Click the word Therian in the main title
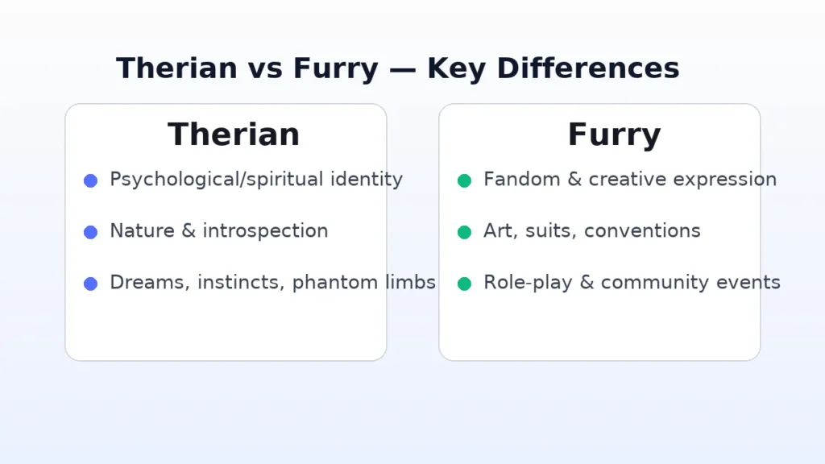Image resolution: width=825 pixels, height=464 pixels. coord(176,68)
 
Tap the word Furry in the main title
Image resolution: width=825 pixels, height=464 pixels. coord(335,69)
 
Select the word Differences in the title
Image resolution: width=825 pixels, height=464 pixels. coord(587,68)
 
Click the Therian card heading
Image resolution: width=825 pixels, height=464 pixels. coord(234,135)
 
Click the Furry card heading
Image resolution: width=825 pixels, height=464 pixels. coord(614,135)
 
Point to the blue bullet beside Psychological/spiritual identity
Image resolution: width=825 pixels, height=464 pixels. coord(90,181)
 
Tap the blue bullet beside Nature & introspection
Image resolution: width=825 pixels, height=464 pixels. coord(90,232)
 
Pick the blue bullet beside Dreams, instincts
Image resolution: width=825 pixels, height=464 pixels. coord(90,284)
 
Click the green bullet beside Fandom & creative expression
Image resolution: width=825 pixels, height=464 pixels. coord(464,181)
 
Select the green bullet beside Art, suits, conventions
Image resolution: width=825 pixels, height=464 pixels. coord(464,232)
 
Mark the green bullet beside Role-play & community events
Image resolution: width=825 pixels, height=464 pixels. coord(464,284)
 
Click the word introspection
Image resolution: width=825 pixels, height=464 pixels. coord(265,231)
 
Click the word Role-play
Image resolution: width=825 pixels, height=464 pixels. coord(528,283)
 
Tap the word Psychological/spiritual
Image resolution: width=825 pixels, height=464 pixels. coord(216,180)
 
